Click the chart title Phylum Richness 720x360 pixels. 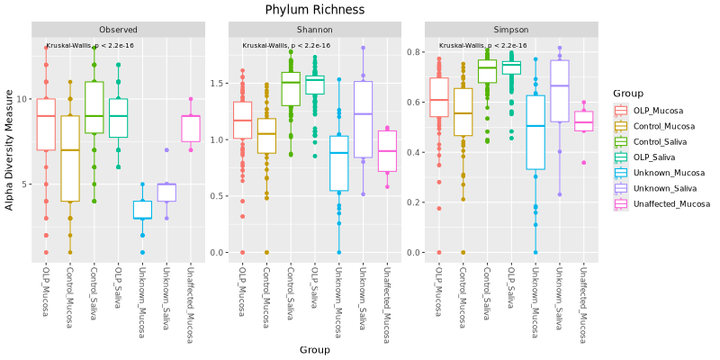point(314,10)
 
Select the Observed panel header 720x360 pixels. point(118,30)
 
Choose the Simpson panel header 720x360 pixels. point(510,30)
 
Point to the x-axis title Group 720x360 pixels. point(314,350)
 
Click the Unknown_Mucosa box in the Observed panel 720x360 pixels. point(142,209)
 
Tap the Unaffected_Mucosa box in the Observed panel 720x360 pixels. point(190,128)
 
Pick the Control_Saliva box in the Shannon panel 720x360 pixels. point(291,89)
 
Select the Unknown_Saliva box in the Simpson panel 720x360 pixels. point(560,91)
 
